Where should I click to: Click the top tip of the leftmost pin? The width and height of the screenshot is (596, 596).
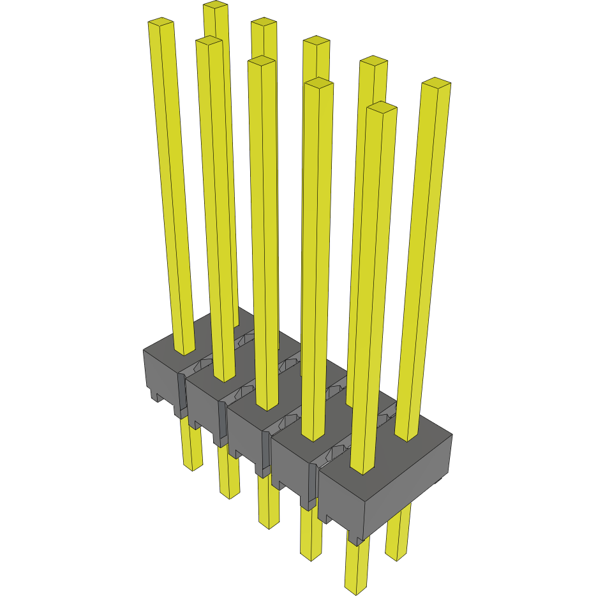point(161,23)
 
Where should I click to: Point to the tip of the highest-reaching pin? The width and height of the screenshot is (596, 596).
point(216,6)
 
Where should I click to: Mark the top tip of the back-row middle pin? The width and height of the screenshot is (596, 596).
point(317,41)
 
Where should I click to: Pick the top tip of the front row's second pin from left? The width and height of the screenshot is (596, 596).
point(209,41)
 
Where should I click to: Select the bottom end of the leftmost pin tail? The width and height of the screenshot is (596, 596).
point(192,466)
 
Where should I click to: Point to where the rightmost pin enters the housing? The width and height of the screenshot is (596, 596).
point(409,439)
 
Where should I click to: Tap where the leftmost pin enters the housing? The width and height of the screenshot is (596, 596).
point(184,352)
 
